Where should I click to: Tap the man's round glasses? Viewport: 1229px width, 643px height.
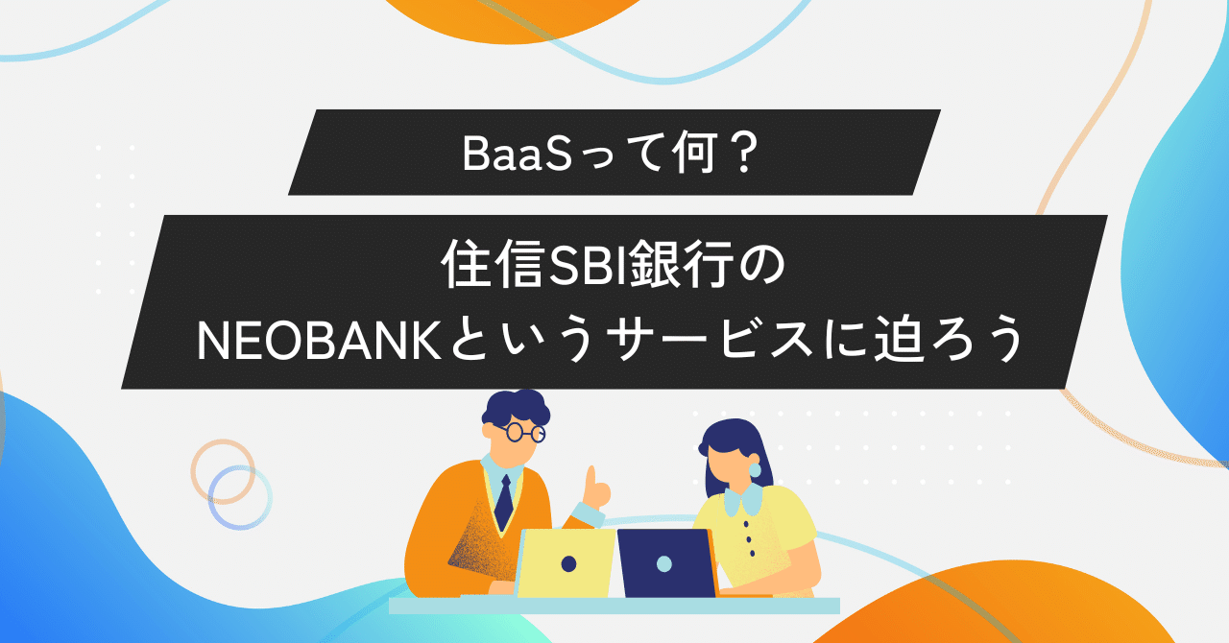click(x=524, y=432)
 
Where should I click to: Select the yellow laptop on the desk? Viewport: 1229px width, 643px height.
click(x=566, y=562)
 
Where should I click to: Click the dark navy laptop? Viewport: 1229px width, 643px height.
click(x=665, y=562)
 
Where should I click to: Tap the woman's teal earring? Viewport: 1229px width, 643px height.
click(x=755, y=469)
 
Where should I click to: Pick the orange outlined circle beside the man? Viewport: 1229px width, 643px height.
click(x=221, y=469)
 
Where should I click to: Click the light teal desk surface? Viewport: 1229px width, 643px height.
click(x=614, y=606)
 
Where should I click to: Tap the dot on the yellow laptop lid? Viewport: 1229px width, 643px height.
click(x=568, y=563)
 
